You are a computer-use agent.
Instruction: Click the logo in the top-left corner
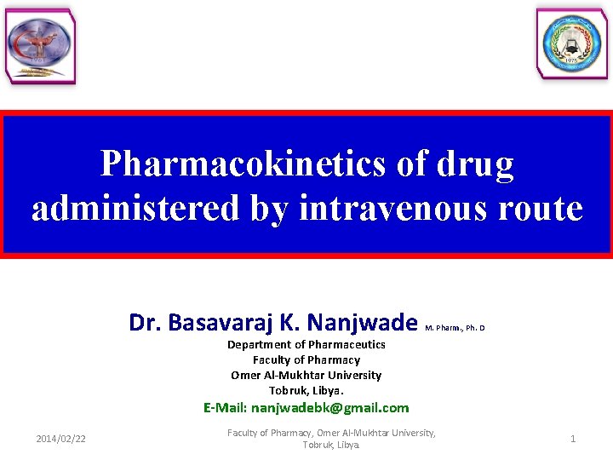click(40, 47)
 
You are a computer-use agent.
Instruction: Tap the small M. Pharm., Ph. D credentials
click(454, 327)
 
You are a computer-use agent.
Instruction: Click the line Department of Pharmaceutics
click(306, 344)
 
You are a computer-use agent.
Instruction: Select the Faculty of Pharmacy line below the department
click(306, 359)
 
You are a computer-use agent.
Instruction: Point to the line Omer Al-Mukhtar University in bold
click(306, 375)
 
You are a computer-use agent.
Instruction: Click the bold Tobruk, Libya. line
click(306, 390)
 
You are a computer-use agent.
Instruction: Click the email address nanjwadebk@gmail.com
click(329, 408)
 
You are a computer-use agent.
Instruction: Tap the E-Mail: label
click(225, 408)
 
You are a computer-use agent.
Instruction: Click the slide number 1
click(573, 439)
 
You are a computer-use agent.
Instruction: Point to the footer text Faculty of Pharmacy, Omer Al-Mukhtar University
click(331, 434)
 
